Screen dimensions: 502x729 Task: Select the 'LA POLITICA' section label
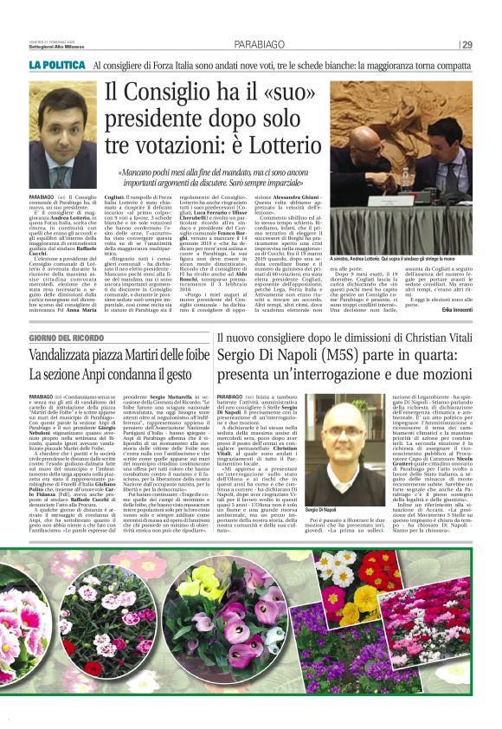57,64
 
